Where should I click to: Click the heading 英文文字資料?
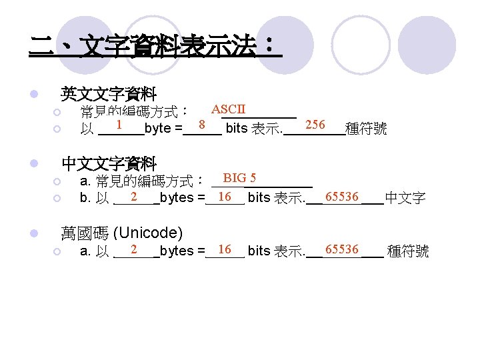point(109,93)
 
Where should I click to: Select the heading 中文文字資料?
point(109,163)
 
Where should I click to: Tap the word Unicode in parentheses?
point(148,233)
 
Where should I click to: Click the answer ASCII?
point(229,109)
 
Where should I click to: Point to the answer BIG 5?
point(240,178)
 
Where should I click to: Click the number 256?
point(315,125)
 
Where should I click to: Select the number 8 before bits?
point(201,125)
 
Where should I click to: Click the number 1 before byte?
point(118,125)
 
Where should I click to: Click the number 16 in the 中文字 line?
point(225,197)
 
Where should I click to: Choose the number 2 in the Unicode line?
point(134,249)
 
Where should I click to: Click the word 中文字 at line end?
point(405,198)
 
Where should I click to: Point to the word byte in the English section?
point(157,128)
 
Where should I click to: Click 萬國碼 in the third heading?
point(85,233)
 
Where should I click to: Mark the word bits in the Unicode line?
point(259,251)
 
